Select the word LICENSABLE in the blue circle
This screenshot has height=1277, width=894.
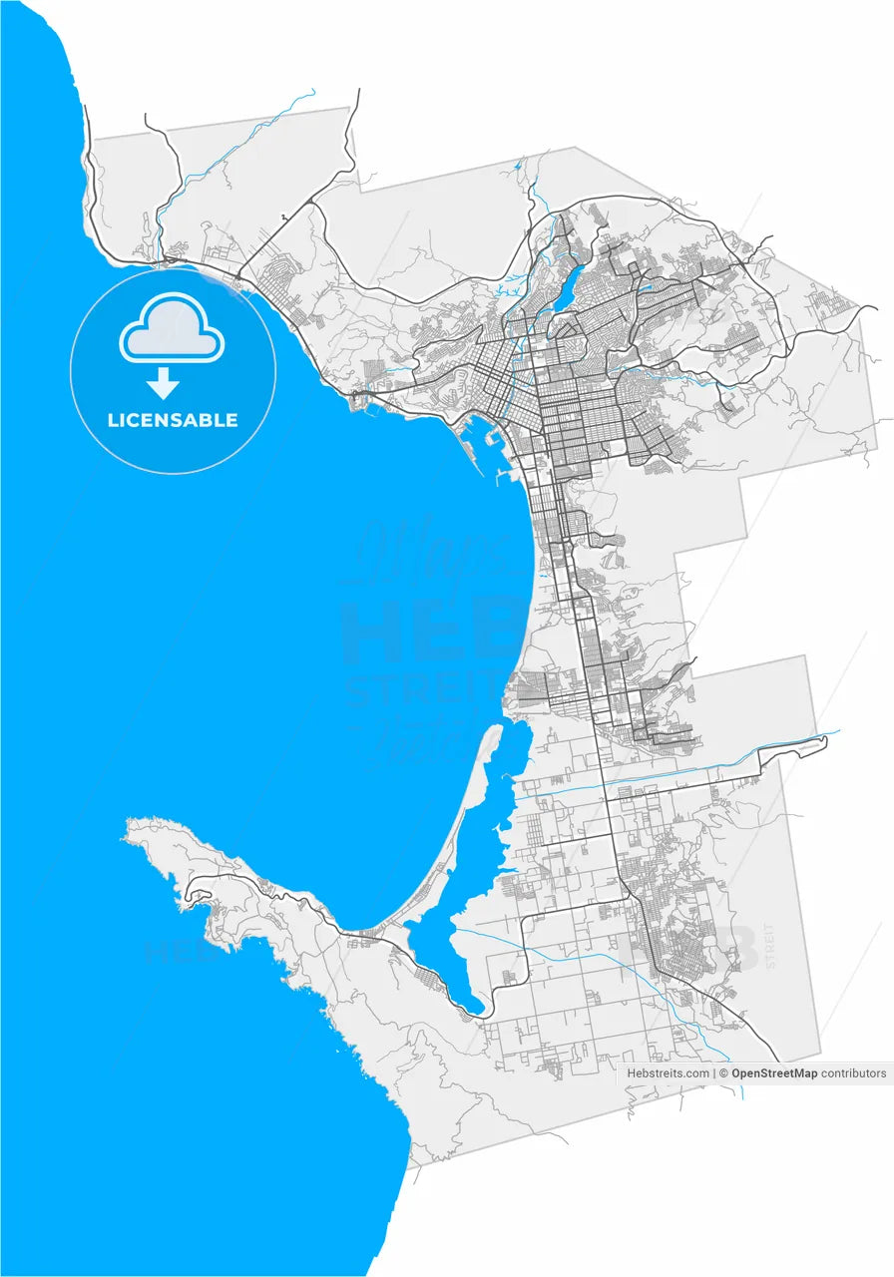point(173,420)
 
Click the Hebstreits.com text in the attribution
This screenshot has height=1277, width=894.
point(668,1073)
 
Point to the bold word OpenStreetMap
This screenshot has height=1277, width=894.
point(774,1073)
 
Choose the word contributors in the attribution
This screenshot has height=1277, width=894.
point(853,1073)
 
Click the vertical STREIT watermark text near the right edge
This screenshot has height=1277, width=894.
point(769,946)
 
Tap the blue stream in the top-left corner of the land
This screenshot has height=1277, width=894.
point(239,140)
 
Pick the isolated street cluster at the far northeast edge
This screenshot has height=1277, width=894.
point(827,299)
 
